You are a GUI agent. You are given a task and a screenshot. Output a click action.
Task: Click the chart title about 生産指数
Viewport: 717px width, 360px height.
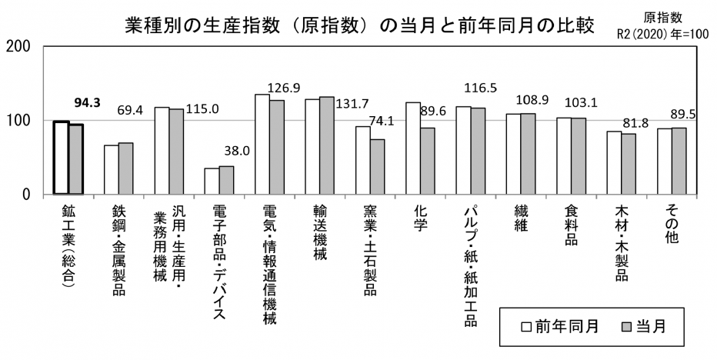(359, 25)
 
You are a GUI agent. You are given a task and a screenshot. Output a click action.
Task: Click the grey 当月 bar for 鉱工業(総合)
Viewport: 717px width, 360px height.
(75, 159)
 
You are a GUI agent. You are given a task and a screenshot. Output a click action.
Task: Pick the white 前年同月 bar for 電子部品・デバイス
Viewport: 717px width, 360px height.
(212, 181)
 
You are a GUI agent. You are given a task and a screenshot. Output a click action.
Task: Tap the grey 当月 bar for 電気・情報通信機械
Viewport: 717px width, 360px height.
(276, 147)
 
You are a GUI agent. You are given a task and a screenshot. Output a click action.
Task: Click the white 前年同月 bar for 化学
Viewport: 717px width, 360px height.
(412, 148)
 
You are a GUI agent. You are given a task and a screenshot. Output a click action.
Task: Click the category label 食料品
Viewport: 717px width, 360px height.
(570, 223)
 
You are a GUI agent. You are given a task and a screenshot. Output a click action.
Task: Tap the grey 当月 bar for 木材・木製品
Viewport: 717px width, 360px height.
(629, 164)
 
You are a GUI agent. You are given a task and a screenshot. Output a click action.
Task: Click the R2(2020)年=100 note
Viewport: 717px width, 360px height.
(665, 33)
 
